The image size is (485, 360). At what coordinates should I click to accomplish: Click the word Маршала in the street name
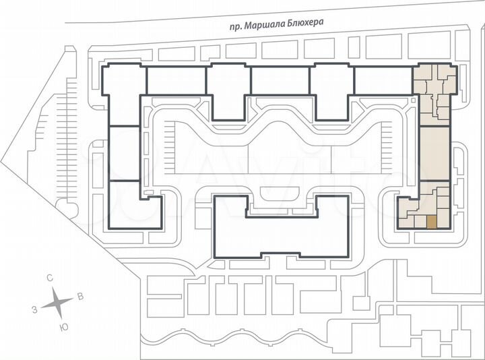266,23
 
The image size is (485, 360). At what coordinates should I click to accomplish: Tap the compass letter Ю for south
63,326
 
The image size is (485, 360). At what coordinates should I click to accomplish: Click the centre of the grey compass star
58,303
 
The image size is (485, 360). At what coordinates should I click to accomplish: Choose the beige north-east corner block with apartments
434,88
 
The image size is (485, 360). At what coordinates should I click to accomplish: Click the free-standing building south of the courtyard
281,229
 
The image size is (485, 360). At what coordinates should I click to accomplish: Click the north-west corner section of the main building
123,94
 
